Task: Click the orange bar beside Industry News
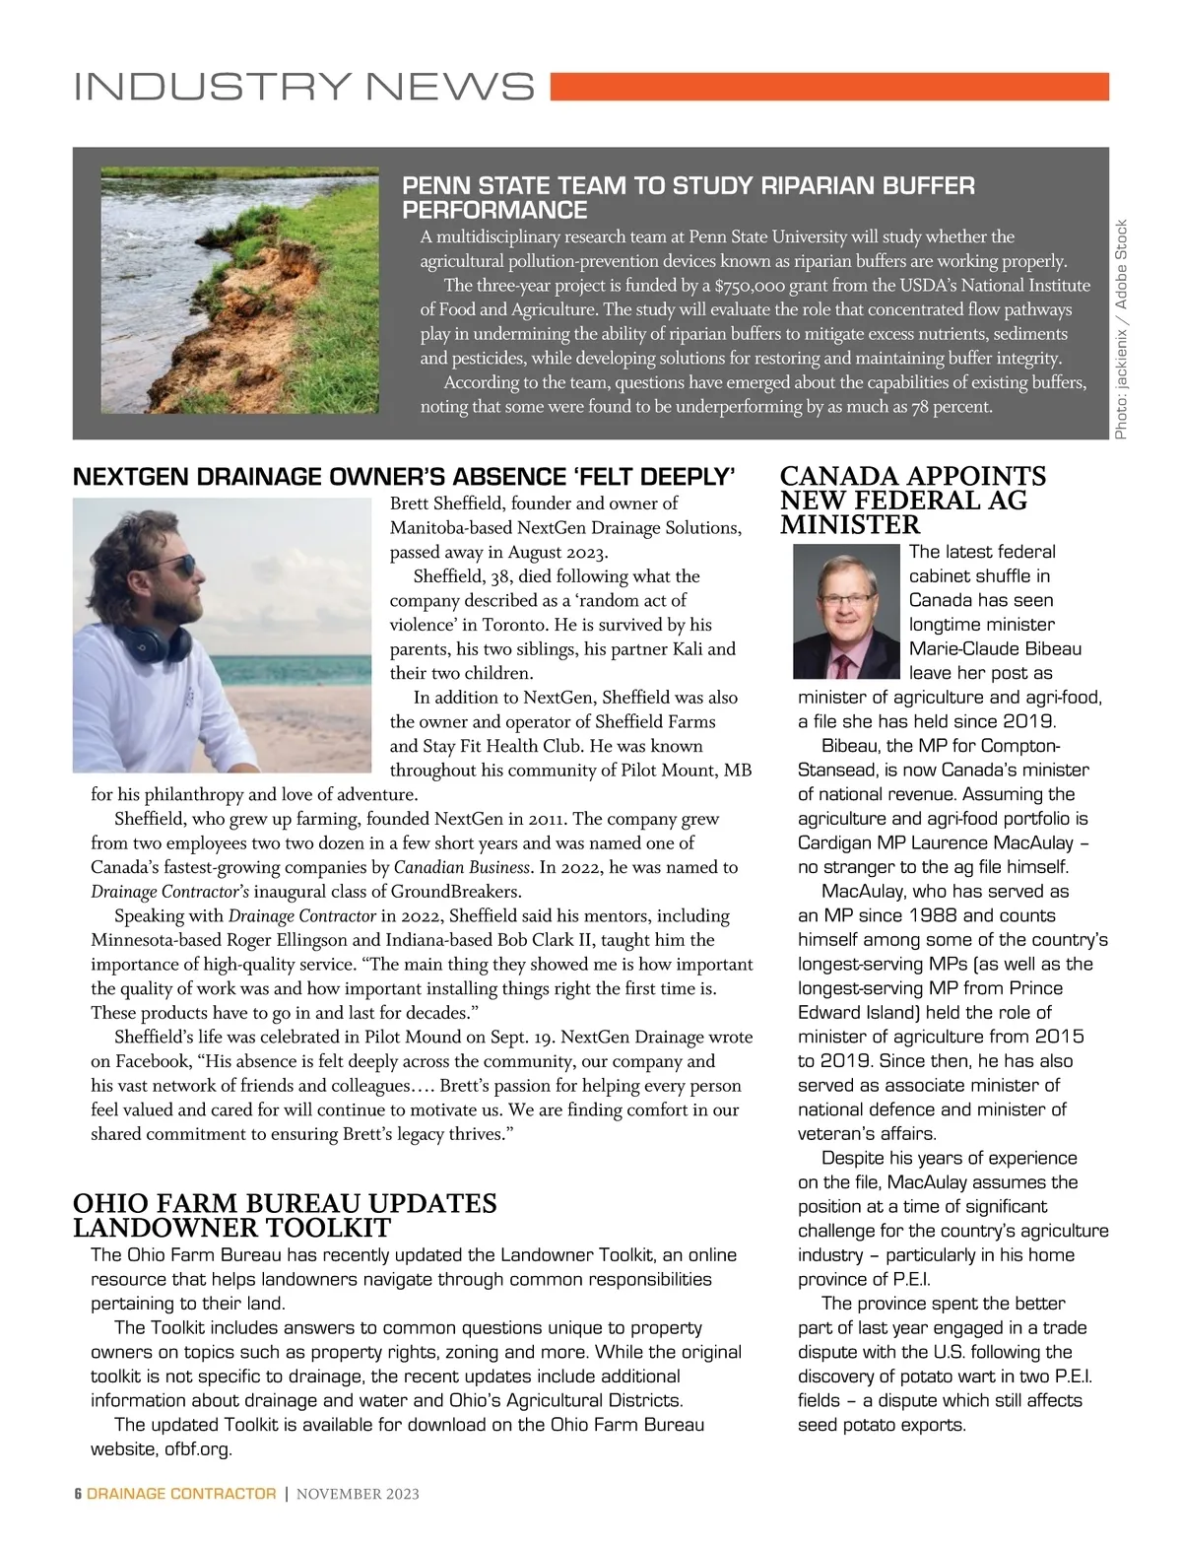828,87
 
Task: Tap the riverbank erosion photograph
239,290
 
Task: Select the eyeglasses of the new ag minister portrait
845,597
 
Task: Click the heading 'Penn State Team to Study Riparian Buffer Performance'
689,197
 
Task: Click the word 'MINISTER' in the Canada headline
850,525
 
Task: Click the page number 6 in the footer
78,1494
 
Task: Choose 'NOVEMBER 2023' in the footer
358,1494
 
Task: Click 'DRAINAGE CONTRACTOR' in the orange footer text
181,1494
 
